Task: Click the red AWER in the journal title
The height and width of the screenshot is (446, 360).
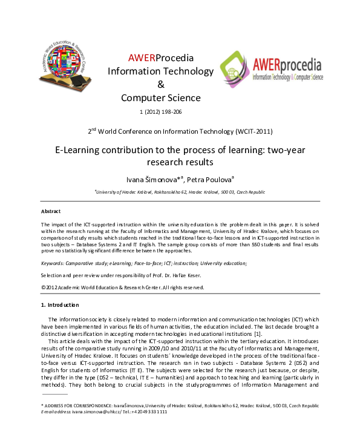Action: coord(142,58)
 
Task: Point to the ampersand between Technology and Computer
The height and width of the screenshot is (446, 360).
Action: coord(160,84)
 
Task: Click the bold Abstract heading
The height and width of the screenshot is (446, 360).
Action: coord(50,211)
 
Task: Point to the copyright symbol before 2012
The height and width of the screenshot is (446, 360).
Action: coord(43,287)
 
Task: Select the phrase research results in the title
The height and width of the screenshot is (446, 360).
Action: coord(180,162)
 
